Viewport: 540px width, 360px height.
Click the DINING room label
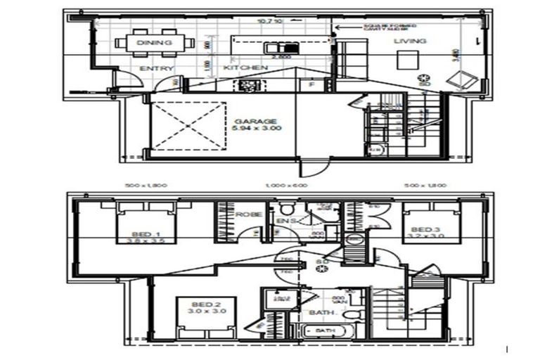coord(155,42)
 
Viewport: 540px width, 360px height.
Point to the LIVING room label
coord(409,41)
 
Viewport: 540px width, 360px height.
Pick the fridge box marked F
coord(311,84)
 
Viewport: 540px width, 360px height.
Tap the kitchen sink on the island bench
coord(274,48)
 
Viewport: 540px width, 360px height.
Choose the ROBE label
coord(248,214)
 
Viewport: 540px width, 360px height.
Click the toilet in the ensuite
coord(286,210)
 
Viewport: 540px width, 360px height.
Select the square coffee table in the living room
coord(406,61)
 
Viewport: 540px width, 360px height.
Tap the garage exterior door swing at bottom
coord(309,169)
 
